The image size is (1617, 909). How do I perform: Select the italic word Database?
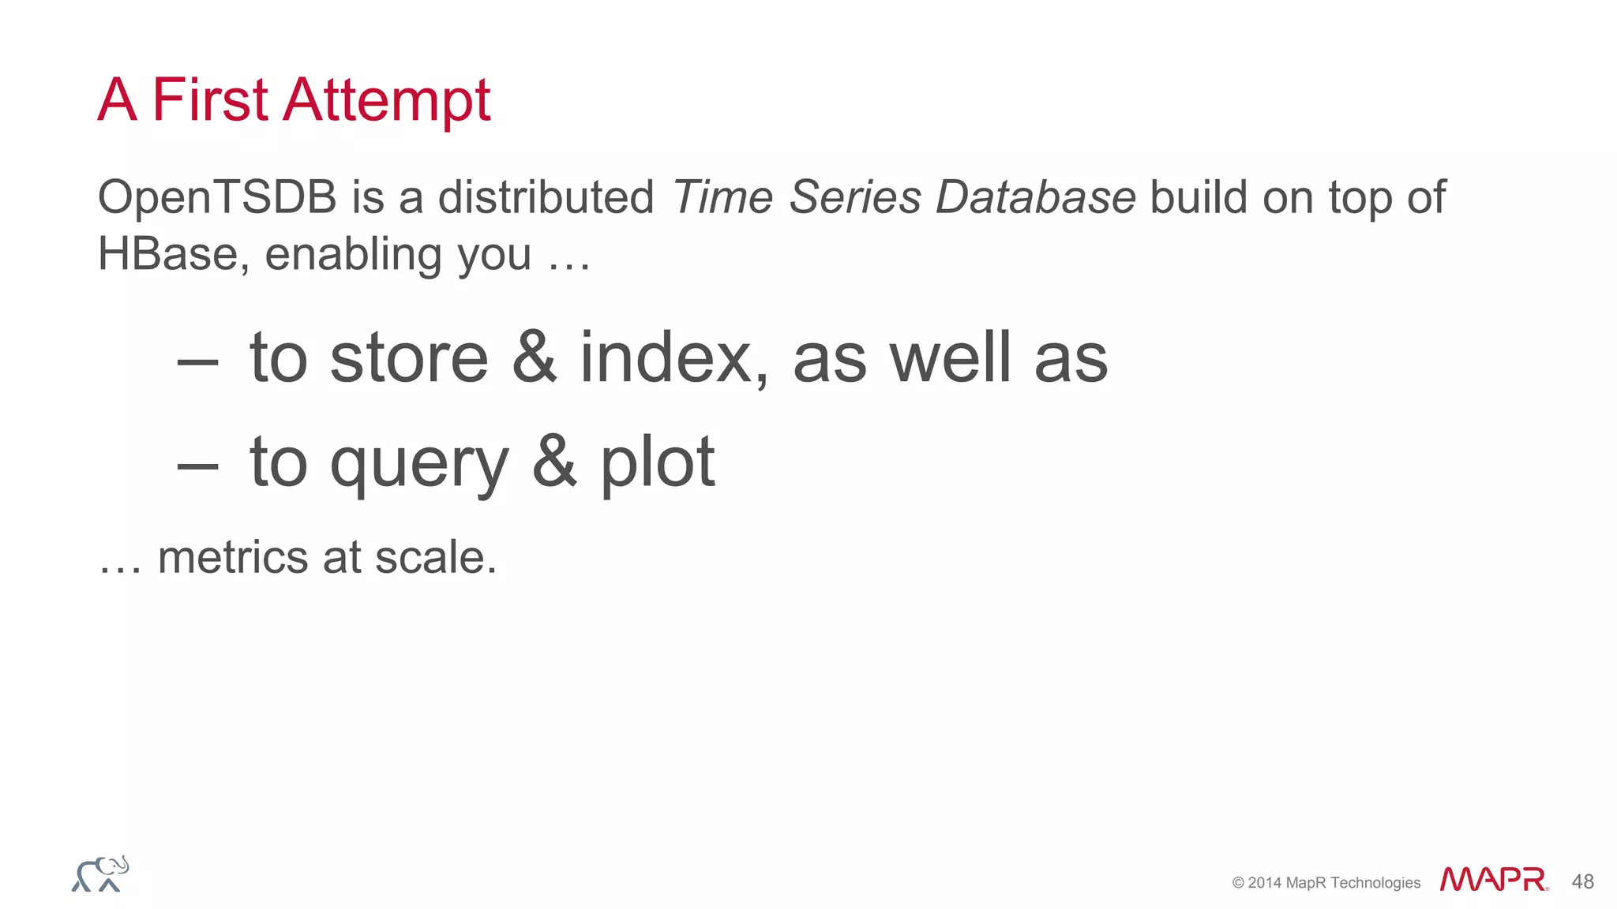(x=1035, y=197)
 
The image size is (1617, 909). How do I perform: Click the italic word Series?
(x=855, y=197)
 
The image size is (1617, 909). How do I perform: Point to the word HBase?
(x=167, y=254)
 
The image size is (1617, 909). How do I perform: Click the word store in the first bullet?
(x=409, y=359)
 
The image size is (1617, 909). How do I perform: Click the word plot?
(x=658, y=464)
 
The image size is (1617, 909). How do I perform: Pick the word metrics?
(x=233, y=558)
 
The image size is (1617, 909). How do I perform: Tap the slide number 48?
(x=1582, y=881)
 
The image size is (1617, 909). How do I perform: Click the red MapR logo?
(x=1493, y=880)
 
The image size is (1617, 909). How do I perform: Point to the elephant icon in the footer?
(x=100, y=874)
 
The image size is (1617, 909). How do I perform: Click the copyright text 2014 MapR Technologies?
(x=1326, y=883)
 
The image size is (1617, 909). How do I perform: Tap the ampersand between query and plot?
(x=554, y=462)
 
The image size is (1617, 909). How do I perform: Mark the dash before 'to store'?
(x=197, y=363)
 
